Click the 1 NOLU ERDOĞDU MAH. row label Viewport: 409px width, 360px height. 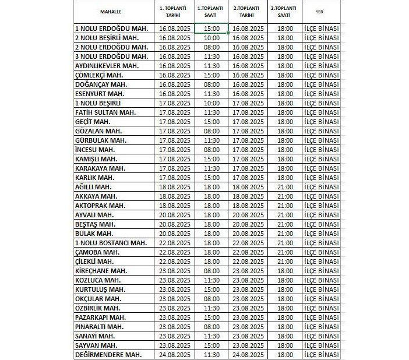[x=111, y=28]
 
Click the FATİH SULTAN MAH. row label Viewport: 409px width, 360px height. [x=105, y=112]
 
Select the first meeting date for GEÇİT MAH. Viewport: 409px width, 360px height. [x=175, y=121]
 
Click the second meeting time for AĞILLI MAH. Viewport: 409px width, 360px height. [x=285, y=186]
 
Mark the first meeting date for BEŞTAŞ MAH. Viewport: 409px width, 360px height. [x=175, y=224]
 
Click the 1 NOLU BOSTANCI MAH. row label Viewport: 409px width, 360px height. [x=111, y=242]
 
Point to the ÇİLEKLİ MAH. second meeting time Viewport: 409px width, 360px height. [x=285, y=261]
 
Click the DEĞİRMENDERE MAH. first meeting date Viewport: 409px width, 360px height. [x=175, y=354]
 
